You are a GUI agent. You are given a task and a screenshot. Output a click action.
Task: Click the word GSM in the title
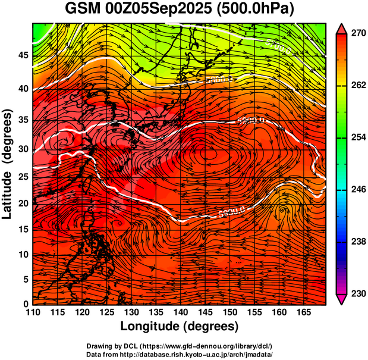tap(81, 10)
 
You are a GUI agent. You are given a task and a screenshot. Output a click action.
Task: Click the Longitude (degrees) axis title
tap(180, 326)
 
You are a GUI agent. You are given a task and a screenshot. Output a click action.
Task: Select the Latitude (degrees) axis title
tap(8, 164)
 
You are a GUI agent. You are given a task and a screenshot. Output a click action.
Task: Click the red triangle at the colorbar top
tap(342, 27)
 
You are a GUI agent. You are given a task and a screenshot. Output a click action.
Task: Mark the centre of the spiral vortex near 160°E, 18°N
tap(282, 209)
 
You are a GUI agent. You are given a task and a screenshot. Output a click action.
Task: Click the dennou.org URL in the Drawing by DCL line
tap(222, 346)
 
